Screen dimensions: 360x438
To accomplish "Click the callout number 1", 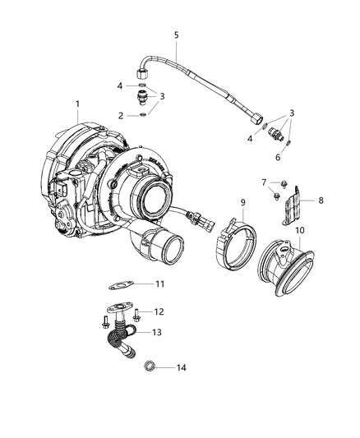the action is click(77, 104).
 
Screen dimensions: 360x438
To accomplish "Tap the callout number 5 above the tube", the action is click(176, 35).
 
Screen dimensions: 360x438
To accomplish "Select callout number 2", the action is click(120, 116).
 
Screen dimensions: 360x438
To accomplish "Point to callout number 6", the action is click(278, 157).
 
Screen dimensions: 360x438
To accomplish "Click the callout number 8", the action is click(321, 201).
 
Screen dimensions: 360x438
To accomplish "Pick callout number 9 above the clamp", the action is click(242, 202).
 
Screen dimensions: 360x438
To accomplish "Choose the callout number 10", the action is click(300, 230).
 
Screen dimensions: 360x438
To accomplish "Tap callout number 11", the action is click(159, 284).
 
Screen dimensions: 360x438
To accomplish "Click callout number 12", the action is click(159, 311).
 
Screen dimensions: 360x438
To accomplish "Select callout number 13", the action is click(157, 333).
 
